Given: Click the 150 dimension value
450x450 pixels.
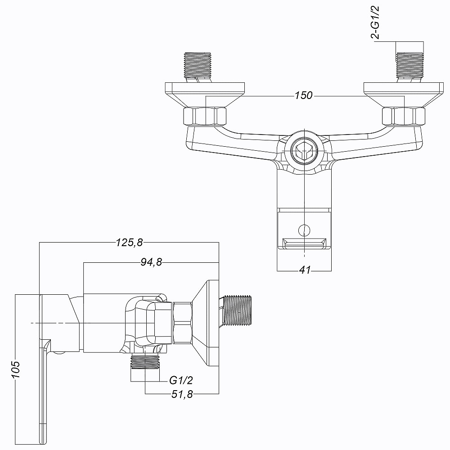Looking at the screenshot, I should click(x=304, y=96).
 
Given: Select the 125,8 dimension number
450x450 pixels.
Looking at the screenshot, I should click(x=129, y=243).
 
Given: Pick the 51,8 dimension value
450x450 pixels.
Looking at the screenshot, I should click(x=182, y=394).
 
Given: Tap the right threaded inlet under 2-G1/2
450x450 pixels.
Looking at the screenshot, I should click(x=409, y=65).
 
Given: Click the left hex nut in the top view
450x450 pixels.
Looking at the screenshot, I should click(x=205, y=116).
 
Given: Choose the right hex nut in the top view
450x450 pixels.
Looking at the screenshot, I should click(x=403, y=116).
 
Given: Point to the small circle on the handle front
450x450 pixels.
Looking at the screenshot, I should click(x=305, y=230).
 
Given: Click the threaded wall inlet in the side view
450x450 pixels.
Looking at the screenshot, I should click(x=238, y=310).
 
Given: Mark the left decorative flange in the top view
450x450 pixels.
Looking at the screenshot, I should click(x=204, y=92).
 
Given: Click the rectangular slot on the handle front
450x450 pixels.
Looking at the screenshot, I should click(x=304, y=244).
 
